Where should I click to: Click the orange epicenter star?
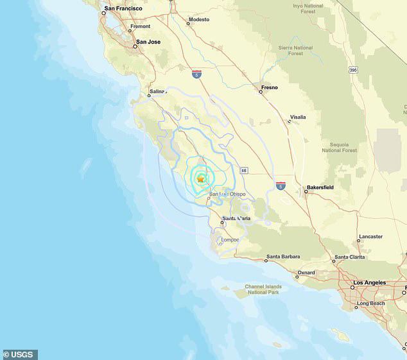[x=201, y=179]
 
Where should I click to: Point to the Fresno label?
[x=270, y=87]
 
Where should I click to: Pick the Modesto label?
[x=199, y=20]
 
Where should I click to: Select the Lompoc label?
[x=230, y=240]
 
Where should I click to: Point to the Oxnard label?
[x=306, y=273]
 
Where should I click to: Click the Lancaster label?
[x=370, y=236]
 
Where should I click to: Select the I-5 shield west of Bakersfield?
[x=281, y=185]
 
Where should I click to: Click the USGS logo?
[x=20, y=354]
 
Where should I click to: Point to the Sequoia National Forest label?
[x=340, y=148]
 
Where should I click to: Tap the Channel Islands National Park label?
[x=264, y=289]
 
